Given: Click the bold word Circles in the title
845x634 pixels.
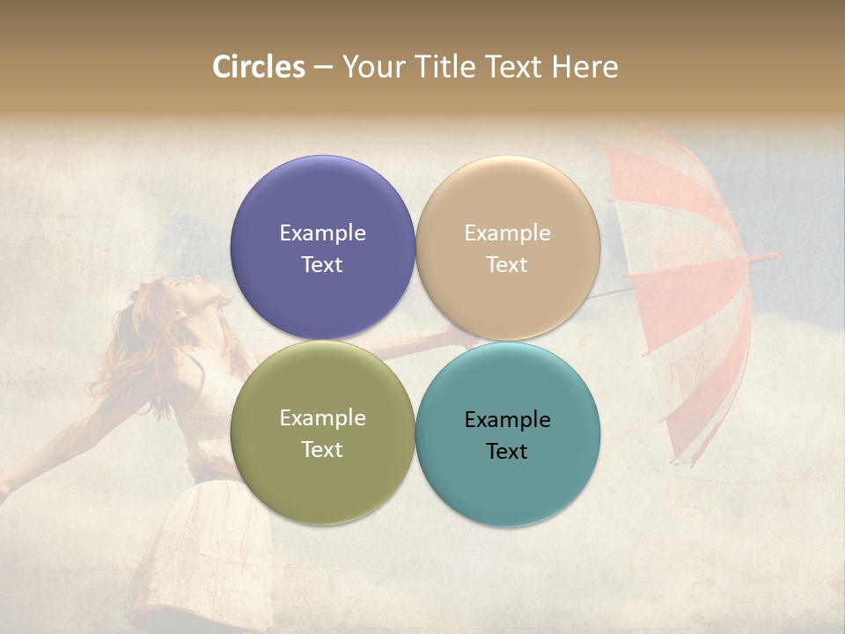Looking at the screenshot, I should tap(259, 66).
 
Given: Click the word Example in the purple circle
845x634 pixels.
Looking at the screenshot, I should tap(322, 232).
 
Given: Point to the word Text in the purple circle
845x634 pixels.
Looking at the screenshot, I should tap(322, 264).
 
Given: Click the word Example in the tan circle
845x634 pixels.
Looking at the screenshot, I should tap(508, 232).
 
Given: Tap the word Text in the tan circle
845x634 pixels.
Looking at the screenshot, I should tap(508, 264).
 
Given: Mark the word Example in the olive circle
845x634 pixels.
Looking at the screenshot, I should tap(322, 417).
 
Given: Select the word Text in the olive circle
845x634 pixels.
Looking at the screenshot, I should tap(322, 449).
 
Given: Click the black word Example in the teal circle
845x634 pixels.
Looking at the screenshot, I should tap(508, 419).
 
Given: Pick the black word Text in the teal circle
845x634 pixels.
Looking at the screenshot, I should tap(508, 451).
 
